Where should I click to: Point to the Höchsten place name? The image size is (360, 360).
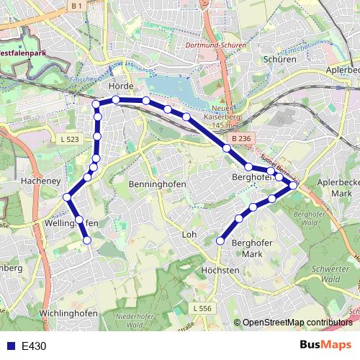[x=220, y=270]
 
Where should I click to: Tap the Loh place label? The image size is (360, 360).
[x=190, y=235]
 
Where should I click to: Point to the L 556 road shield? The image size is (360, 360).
[x=202, y=307]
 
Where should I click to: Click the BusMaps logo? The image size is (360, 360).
[x=325, y=345]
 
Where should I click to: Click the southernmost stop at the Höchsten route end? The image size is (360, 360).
[x=220, y=241]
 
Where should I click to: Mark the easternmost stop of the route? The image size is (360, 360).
[x=293, y=186]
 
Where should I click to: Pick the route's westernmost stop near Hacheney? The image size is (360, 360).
[x=67, y=197]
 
